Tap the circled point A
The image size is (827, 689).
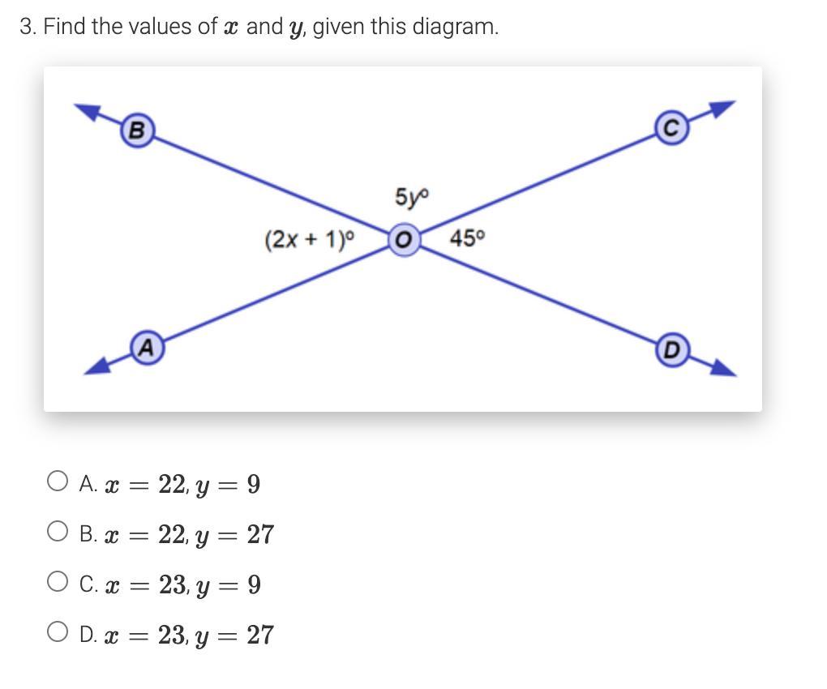point(145,348)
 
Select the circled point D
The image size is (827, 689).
point(671,350)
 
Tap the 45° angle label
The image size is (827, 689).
point(467,238)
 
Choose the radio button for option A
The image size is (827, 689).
point(57,482)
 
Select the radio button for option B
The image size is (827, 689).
point(57,533)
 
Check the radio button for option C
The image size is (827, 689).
point(57,583)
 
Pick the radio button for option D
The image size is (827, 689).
point(57,633)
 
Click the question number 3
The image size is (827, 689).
point(28,27)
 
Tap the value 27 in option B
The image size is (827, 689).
point(259,534)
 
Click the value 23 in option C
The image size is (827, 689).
point(173,584)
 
